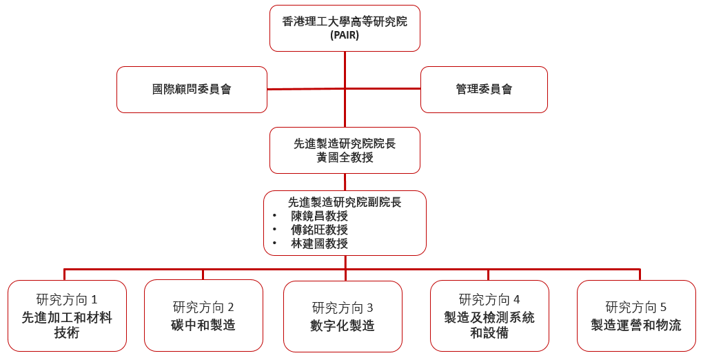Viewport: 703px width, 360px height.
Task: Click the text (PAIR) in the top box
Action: click(345, 34)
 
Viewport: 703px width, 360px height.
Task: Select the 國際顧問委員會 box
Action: click(192, 89)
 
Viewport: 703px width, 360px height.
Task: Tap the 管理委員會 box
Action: click(484, 89)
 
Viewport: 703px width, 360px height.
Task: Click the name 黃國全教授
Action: click(345, 157)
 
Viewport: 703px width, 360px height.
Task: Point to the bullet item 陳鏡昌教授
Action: click(319, 216)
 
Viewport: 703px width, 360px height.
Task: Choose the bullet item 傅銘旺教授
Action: click(319, 230)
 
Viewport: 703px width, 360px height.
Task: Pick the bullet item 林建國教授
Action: click(319, 243)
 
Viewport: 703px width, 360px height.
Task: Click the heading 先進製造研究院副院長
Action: click(345, 202)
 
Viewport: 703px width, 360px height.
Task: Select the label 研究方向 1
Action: click(67, 299)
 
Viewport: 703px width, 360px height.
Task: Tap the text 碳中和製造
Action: click(203, 325)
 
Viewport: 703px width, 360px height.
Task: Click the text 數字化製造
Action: click(343, 326)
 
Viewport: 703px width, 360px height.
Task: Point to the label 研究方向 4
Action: click(489, 299)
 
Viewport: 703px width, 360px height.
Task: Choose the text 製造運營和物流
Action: click(636, 325)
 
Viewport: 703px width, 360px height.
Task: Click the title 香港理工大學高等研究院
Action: click(345, 21)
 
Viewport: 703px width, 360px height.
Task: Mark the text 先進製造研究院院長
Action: click(345, 143)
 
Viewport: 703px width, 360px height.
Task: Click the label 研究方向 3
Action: click(343, 308)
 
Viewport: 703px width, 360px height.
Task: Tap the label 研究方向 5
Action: click(636, 307)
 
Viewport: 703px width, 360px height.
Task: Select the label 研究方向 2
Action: click(203, 307)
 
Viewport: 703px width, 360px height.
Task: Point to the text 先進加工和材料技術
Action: click(67, 325)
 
